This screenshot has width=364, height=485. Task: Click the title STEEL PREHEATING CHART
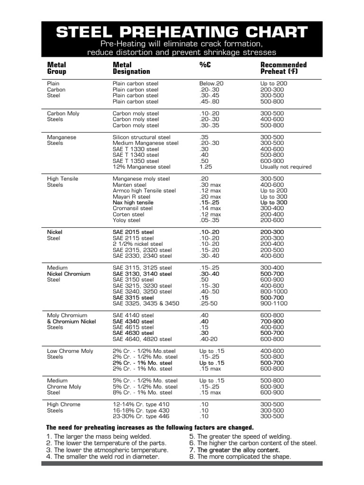pos(182,32)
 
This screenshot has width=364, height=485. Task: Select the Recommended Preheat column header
pos(283,68)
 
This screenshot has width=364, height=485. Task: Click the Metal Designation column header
pos(131,68)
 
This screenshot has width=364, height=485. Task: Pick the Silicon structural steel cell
pos(141,137)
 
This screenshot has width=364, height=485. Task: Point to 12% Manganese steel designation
pos(141,167)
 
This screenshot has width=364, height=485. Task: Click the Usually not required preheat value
pos(286,167)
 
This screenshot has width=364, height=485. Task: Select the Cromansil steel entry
pos(133,208)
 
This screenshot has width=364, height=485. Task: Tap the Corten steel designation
pos(128,215)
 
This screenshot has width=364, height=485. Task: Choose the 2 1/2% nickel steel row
pos(137,244)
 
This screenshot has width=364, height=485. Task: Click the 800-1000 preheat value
pos(273,292)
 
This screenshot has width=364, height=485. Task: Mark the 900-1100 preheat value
pos(273,304)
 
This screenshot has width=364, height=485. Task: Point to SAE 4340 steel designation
pos(133,322)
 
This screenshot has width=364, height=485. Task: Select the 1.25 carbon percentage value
pos(205,167)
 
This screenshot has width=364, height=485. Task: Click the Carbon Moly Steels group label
pos(63,117)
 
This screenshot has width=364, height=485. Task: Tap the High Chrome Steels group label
pos(64,407)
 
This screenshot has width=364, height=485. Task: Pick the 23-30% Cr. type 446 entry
pos(141,416)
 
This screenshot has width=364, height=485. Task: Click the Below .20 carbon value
pos(211,83)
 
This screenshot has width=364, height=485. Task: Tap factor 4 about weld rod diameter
pos(103,457)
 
